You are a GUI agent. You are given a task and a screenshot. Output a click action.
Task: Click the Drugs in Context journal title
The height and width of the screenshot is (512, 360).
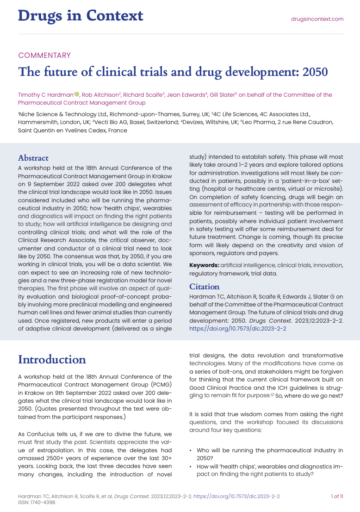pos(81,16)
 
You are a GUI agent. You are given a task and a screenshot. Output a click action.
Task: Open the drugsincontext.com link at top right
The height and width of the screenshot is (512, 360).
pos(317,19)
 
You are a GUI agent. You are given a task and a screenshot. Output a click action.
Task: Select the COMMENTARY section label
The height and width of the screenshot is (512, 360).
pos(44,56)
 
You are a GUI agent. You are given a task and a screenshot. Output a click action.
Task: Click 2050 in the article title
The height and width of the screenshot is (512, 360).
pos(315,72)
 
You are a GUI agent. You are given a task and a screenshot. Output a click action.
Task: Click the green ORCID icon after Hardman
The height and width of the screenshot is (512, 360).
pos(77,94)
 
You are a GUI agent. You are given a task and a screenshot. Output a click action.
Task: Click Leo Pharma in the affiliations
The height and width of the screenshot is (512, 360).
pos(256,122)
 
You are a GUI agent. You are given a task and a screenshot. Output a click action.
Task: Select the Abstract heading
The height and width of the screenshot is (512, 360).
pos(33,158)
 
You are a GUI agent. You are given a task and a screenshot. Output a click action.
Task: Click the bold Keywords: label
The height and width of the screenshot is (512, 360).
pos(204,265)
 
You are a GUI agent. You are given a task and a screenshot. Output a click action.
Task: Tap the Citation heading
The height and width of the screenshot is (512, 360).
pos(205,287)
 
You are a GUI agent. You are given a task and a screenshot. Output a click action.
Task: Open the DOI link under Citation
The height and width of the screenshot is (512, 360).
pos(238,329)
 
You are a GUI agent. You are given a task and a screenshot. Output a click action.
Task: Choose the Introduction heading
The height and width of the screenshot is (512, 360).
pos(52,360)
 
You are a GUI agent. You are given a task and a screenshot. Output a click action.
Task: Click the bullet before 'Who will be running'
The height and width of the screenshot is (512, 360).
pos(191,450)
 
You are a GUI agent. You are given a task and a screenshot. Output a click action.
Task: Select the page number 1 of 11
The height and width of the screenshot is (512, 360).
pos(337,496)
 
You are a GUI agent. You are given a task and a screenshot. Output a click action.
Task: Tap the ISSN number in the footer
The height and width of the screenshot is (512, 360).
pos(39,503)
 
